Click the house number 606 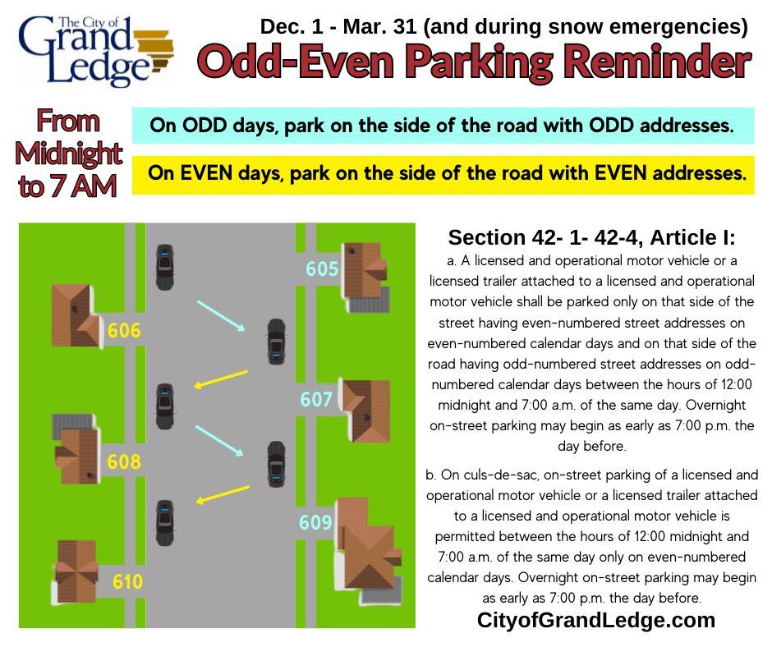124,331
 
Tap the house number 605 322,268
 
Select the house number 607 316,400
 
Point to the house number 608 124,462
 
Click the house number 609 315,523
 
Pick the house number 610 127,582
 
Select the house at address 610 76,571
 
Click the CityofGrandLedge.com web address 596,621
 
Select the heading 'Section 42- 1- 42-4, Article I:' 591,238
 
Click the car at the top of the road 164,267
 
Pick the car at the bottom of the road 164,523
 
